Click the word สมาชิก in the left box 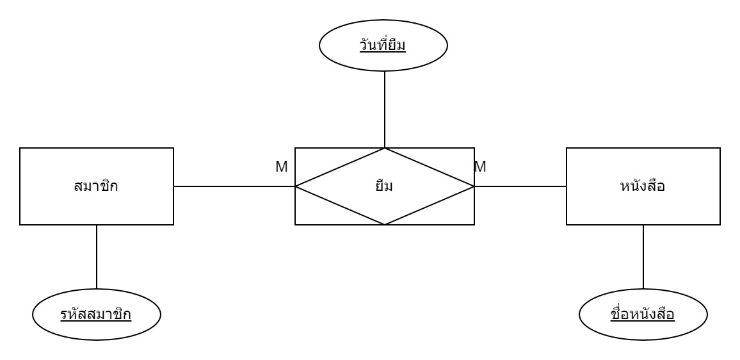click(96, 187)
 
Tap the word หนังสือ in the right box click(643, 187)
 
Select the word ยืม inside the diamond click(384, 187)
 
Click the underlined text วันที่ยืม click(384, 47)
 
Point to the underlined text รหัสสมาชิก click(96, 315)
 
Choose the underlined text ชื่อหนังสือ click(643, 315)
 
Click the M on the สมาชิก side click(282, 167)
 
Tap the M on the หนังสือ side click(480, 167)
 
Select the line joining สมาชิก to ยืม click(234, 186)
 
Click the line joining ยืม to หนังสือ click(520, 186)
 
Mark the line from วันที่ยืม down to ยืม click(384, 109)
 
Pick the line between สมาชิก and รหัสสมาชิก click(96, 256)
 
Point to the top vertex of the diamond click(384, 149)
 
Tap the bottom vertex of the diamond click(384, 224)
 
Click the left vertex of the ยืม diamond click(295, 186)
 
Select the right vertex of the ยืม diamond click(474, 186)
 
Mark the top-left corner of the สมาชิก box click(20, 149)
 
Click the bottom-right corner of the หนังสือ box click(720, 224)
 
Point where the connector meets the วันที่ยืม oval click(384, 70)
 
